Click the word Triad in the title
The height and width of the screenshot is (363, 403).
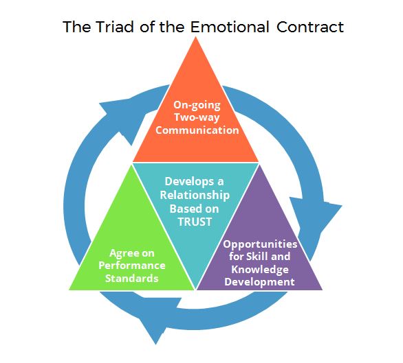click(x=115, y=27)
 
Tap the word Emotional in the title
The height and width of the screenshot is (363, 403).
click(x=230, y=27)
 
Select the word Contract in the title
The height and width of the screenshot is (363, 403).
click(x=310, y=27)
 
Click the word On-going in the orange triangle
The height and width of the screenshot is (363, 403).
click(x=197, y=105)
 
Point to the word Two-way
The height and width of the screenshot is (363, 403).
click(x=197, y=117)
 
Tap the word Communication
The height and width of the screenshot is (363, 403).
click(x=197, y=130)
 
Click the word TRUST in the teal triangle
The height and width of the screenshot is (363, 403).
click(x=195, y=222)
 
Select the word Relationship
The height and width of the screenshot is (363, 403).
click(x=195, y=196)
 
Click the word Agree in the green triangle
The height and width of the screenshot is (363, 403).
click(x=121, y=253)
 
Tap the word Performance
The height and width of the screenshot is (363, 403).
click(x=132, y=266)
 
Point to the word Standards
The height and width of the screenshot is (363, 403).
click(x=132, y=279)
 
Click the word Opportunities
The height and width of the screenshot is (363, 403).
click(x=260, y=244)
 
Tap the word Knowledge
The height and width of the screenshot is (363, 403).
click(x=260, y=270)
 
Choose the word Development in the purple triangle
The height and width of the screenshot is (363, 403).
click(x=259, y=282)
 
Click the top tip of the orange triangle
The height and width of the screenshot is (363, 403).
click(x=196, y=36)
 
